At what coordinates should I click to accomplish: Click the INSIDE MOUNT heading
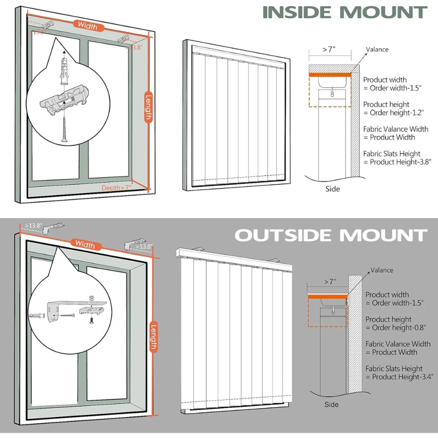tap(345, 12)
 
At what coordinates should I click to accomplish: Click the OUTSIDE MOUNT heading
tap(331, 235)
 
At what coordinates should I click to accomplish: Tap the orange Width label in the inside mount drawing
tap(88, 26)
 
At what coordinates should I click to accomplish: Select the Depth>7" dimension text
tap(117, 187)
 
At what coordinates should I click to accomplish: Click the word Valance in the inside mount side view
tap(377, 49)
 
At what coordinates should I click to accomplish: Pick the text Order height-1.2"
tap(392, 112)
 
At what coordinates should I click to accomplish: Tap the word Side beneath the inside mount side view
tap(332, 189)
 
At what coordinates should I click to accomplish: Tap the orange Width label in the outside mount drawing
tap(85, 244)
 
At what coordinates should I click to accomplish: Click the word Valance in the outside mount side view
tap(382, 270)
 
